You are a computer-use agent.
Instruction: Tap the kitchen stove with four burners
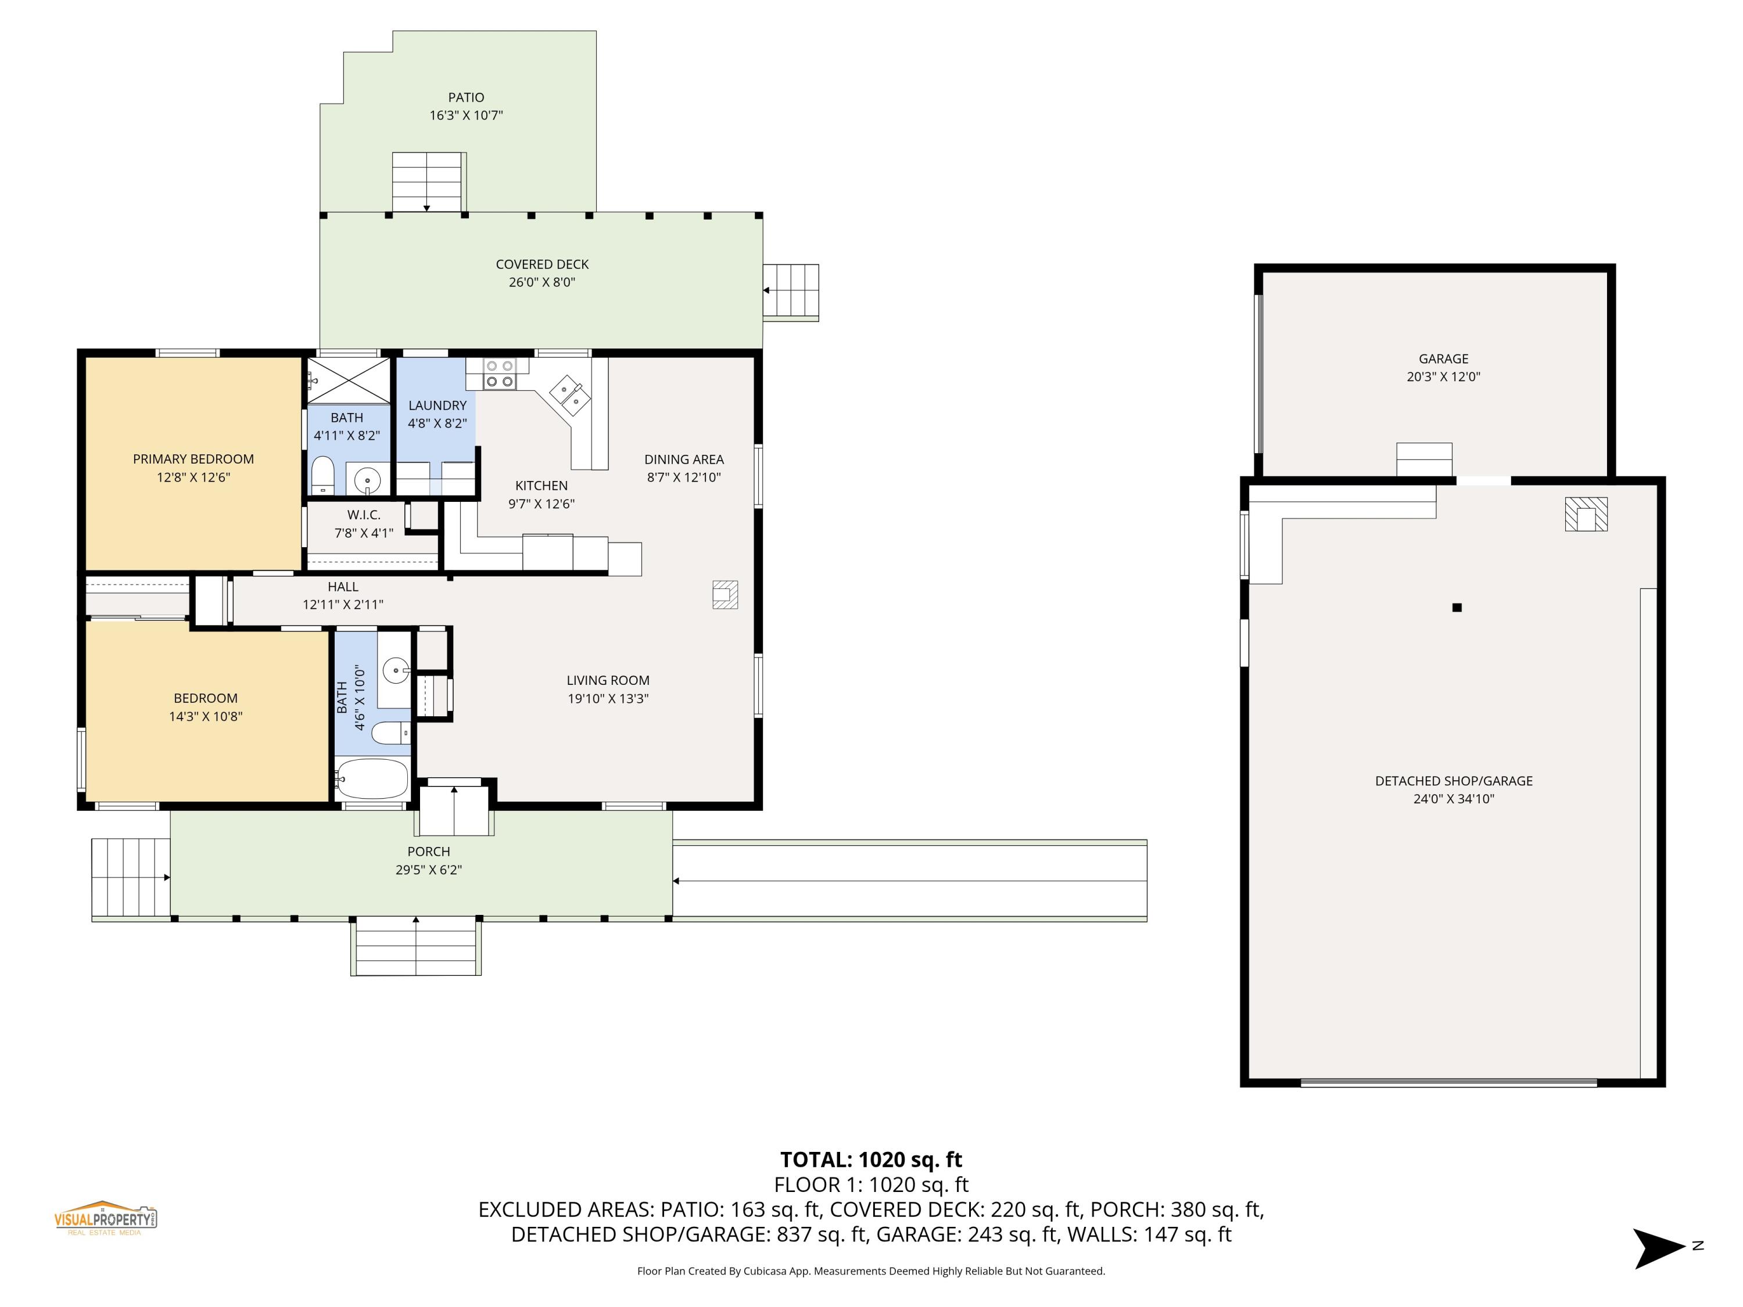coord(498,374)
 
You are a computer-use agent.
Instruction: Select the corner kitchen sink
coord(570,394)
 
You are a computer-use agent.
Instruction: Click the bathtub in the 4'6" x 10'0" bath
coord(371,778)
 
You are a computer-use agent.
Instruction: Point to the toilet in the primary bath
coord(323,475)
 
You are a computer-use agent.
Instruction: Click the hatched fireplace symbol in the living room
coord(725,595)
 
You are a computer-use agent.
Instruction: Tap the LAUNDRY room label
coord(437,405)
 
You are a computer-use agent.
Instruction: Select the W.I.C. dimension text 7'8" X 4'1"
coord(363,533)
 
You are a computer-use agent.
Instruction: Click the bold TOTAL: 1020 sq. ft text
coord(871,1159)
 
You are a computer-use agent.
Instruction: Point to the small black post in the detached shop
coord(1457,608)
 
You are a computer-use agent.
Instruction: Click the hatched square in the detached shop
coord(1586,515)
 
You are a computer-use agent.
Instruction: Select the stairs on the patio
coord(428,181)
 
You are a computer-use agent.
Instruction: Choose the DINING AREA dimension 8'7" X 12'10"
coord(684,477)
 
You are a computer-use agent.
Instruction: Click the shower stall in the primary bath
coord(348,380)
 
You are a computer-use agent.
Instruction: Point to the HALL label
coord(343,587)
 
